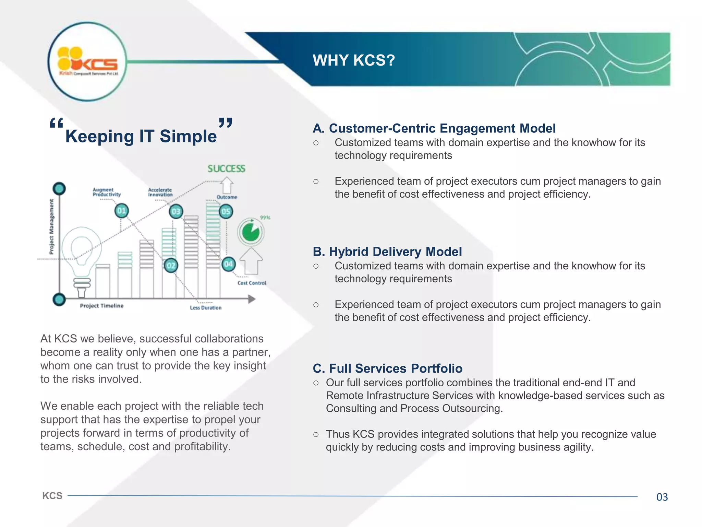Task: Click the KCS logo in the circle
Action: pyautogui.click(x=87, y=62)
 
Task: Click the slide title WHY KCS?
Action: pyautogui.click(x=354, y=60)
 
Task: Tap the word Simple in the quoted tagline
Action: pyautogui.click(x=188, y=136)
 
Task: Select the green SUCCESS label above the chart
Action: pyautogui.click(x=226, y=168)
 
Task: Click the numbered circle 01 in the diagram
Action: pyautogui.click(x=121, y=211)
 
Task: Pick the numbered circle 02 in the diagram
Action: pyautogui.click(x=171, y=265)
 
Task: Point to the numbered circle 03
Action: pyautogui.click(x=176, y=211)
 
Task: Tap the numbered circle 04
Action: pyautogui.click(x=228, y=264)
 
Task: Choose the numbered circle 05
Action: pyautogui.click(x=226, y=211)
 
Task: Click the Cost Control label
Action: pyautogui.click(x=252, y=283)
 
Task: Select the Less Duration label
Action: pyautogui.click(x=206, y=308)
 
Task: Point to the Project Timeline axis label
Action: pyautogui.click(x=101, y=306)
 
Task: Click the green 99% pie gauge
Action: pyautogui.click(x=251, y=232)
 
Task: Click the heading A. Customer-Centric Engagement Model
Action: pyautogui.click(x=434, y=128)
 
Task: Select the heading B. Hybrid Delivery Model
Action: pyautogui.click(x=387, y=251)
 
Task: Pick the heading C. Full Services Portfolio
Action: pyautogui.click(x=387, y=368)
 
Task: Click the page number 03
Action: pyautogui.click(x=662, y=497)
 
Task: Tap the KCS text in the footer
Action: pyautogui.click(x=52, y=496)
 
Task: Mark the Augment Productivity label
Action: pyautogui.click(x=107, y=192)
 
